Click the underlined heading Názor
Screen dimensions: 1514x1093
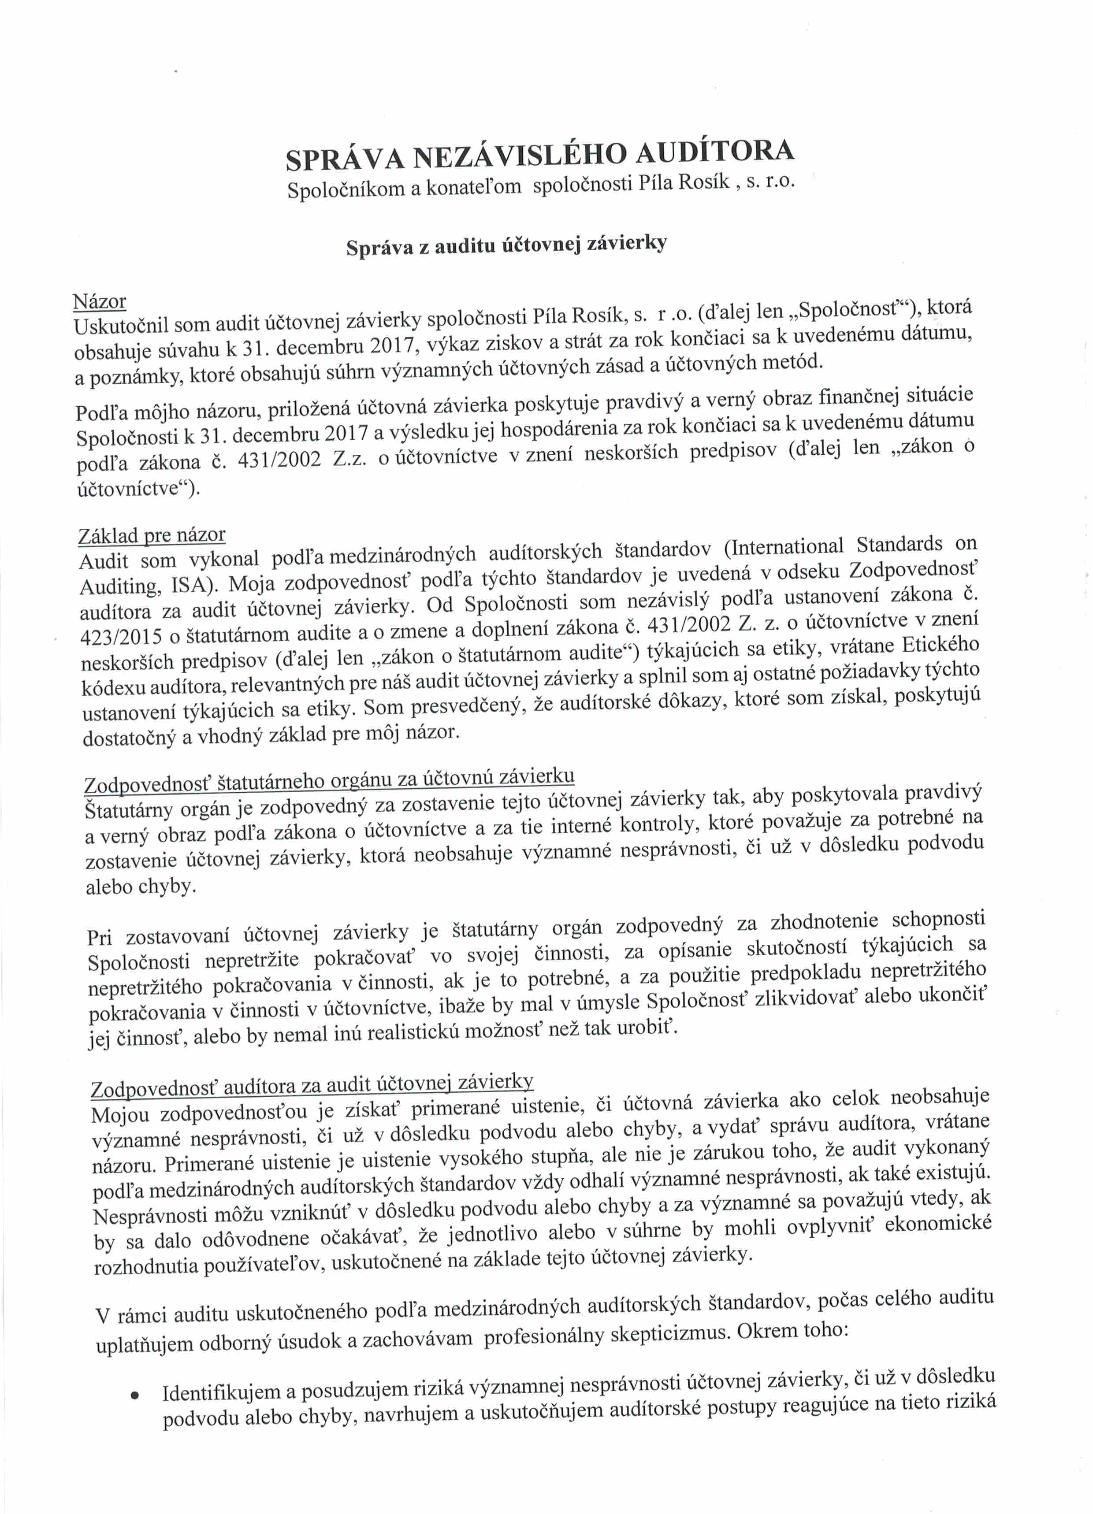pos(100,302)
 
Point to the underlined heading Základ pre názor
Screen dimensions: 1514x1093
pos(152,535)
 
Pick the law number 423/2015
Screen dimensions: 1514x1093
pos(120,637)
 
